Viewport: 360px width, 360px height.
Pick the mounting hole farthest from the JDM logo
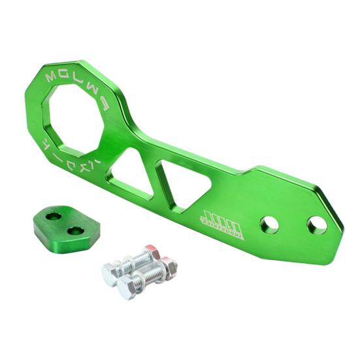point(317,225)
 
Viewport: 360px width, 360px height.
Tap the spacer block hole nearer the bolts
point(76,231)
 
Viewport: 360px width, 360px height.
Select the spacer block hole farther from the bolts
point(53,216)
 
